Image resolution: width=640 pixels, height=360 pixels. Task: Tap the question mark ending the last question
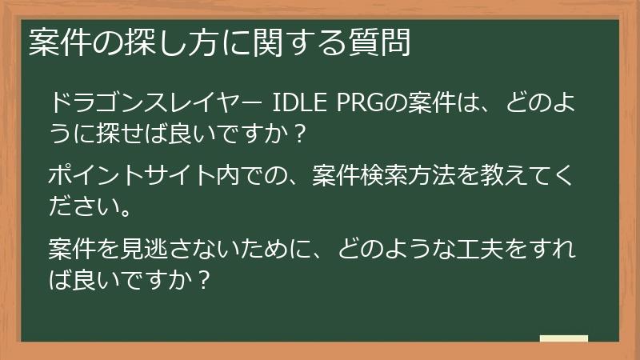[x=203, y=279]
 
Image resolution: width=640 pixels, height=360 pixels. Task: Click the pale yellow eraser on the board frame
[x=563, y=339]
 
